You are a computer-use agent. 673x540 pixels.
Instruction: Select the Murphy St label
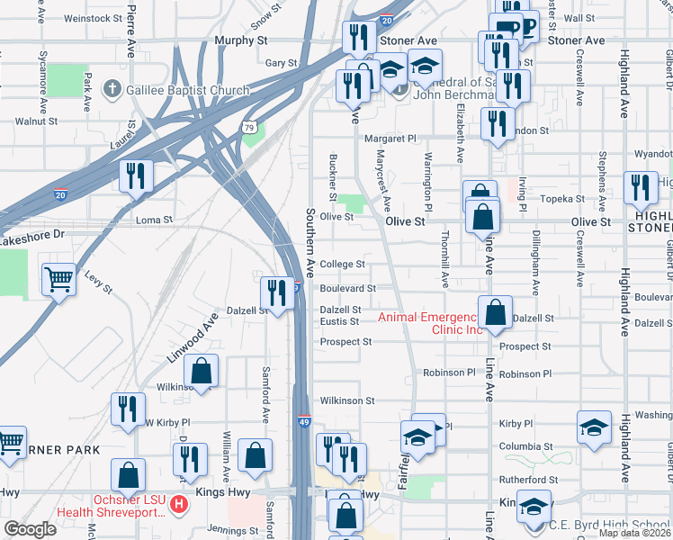[x=242, y=40]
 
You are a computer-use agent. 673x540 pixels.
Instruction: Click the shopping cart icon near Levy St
[x=58, y=280]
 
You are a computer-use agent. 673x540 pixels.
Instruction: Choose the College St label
[x=342, y=265]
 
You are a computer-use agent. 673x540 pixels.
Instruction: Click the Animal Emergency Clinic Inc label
[x=429, y=323]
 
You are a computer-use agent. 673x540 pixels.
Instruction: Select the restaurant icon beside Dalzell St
[x=276, y=293]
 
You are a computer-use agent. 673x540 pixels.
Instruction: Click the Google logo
[x=30, y=529]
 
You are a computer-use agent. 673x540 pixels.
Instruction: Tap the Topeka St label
[x=562, y=198]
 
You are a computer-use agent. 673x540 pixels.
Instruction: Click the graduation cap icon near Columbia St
[x=594, y=427]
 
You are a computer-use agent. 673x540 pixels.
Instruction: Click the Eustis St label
[x=340, y=321]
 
